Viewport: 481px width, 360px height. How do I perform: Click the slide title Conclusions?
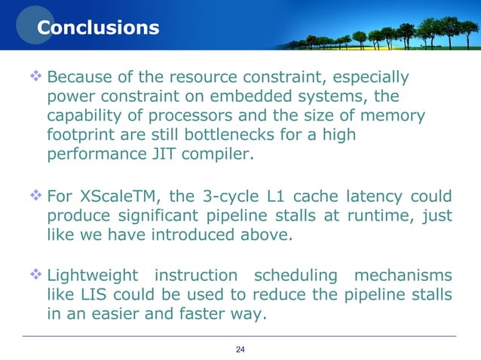click(98, 28)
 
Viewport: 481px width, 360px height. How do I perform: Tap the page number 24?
click(241, 348)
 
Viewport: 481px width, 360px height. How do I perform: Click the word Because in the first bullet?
click(78, 78)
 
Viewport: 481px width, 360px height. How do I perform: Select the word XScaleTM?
click(120, 197)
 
